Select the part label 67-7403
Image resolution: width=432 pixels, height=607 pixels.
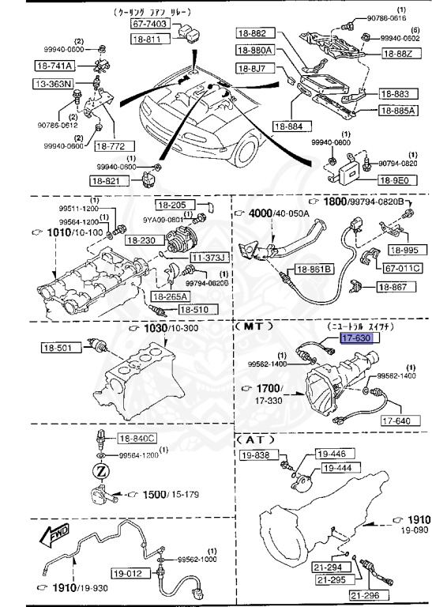(148, 25)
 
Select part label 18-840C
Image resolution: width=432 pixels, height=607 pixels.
(137, 438)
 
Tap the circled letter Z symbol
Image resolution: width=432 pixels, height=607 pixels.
(101, 472)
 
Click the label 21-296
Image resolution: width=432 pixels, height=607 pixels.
(366, 594)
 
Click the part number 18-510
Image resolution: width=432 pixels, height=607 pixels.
(193, 310)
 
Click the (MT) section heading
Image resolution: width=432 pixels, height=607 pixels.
(253, 325)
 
